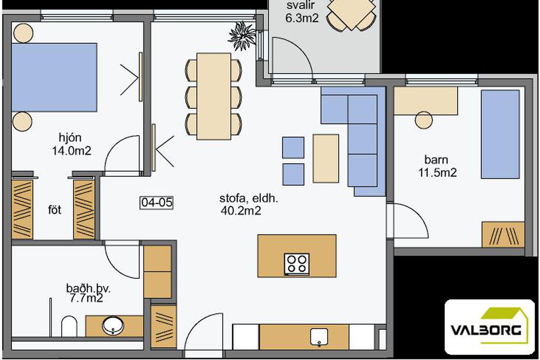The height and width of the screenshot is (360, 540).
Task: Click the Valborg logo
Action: (x=490, y=327)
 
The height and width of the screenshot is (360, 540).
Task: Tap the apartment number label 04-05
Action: (x=157, y=202)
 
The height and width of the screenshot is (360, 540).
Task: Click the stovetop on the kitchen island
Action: (x=297, y=264)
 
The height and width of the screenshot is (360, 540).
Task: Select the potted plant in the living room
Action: (x=242, y=36)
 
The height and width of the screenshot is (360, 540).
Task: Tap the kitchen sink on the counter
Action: (x=319, y=336)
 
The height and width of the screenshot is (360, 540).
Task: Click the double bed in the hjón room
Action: (x=54, y=77)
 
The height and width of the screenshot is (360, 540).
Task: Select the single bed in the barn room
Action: (x=500, y=134)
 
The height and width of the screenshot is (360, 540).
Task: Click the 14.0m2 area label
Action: (x=71, y=151)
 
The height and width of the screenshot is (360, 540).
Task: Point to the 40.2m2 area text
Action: (x=241, y=210)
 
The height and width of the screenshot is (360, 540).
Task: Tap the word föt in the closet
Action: (x=54, y=210)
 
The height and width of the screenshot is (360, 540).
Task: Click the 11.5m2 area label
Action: (x=437, y=172)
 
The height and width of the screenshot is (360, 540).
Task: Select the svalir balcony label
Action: (x=301, y=5)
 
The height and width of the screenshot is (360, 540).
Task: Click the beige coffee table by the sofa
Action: (x=326, y=158)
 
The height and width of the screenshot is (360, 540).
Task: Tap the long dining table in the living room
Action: (x=214, y=96)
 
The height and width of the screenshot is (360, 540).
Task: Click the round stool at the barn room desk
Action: (x=424, y=120)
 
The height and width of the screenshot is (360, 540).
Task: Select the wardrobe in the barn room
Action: (x=503, y=235)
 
